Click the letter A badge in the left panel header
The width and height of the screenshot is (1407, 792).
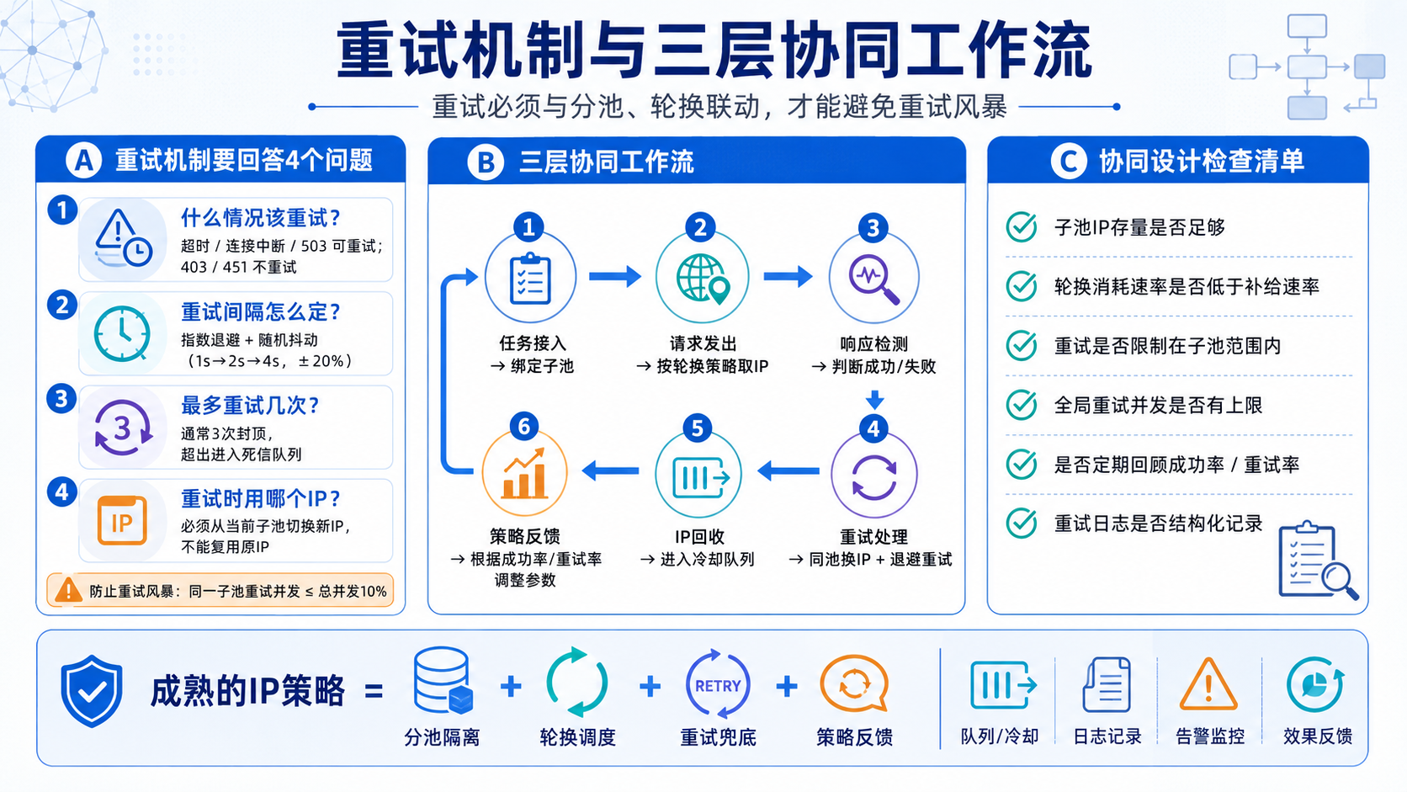point(83,160)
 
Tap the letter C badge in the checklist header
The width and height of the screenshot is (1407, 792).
point(1069,161)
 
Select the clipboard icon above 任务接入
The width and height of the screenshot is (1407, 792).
point(530,279)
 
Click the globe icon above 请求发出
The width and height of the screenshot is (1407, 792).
point(703,279)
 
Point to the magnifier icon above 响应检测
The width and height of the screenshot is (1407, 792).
point(873,279)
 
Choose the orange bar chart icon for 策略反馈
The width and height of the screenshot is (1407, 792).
point(524,474)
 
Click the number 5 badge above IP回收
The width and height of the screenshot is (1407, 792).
point(698,428)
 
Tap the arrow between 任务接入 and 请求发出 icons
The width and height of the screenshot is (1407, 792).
point(615,276)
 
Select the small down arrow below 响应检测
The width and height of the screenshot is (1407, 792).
point(874,399)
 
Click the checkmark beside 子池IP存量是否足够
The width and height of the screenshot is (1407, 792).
point(1022,226)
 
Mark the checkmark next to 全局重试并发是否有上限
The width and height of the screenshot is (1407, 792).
point(1022,405)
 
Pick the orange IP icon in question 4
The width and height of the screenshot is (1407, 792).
point(122,521)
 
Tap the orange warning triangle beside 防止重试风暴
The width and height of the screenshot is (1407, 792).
point(68,590)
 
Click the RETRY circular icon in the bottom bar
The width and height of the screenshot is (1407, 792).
point(718,684)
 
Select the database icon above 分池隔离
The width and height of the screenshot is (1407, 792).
point(443,681)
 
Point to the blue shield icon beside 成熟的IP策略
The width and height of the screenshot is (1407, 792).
point(92,691)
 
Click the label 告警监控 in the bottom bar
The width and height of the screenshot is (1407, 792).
point(1210,736)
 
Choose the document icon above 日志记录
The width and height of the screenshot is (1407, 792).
point(1107,684)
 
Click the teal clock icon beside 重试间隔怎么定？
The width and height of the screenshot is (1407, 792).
point(122,334)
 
